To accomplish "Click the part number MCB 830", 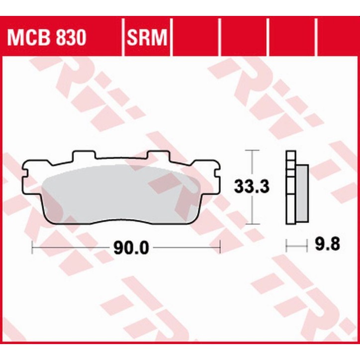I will coord(45,38).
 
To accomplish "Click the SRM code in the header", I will coord(146,38).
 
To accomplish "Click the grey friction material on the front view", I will coord(119,194).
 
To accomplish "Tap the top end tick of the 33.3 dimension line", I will coord(253,149).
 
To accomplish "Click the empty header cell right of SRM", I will coord(195,38).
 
